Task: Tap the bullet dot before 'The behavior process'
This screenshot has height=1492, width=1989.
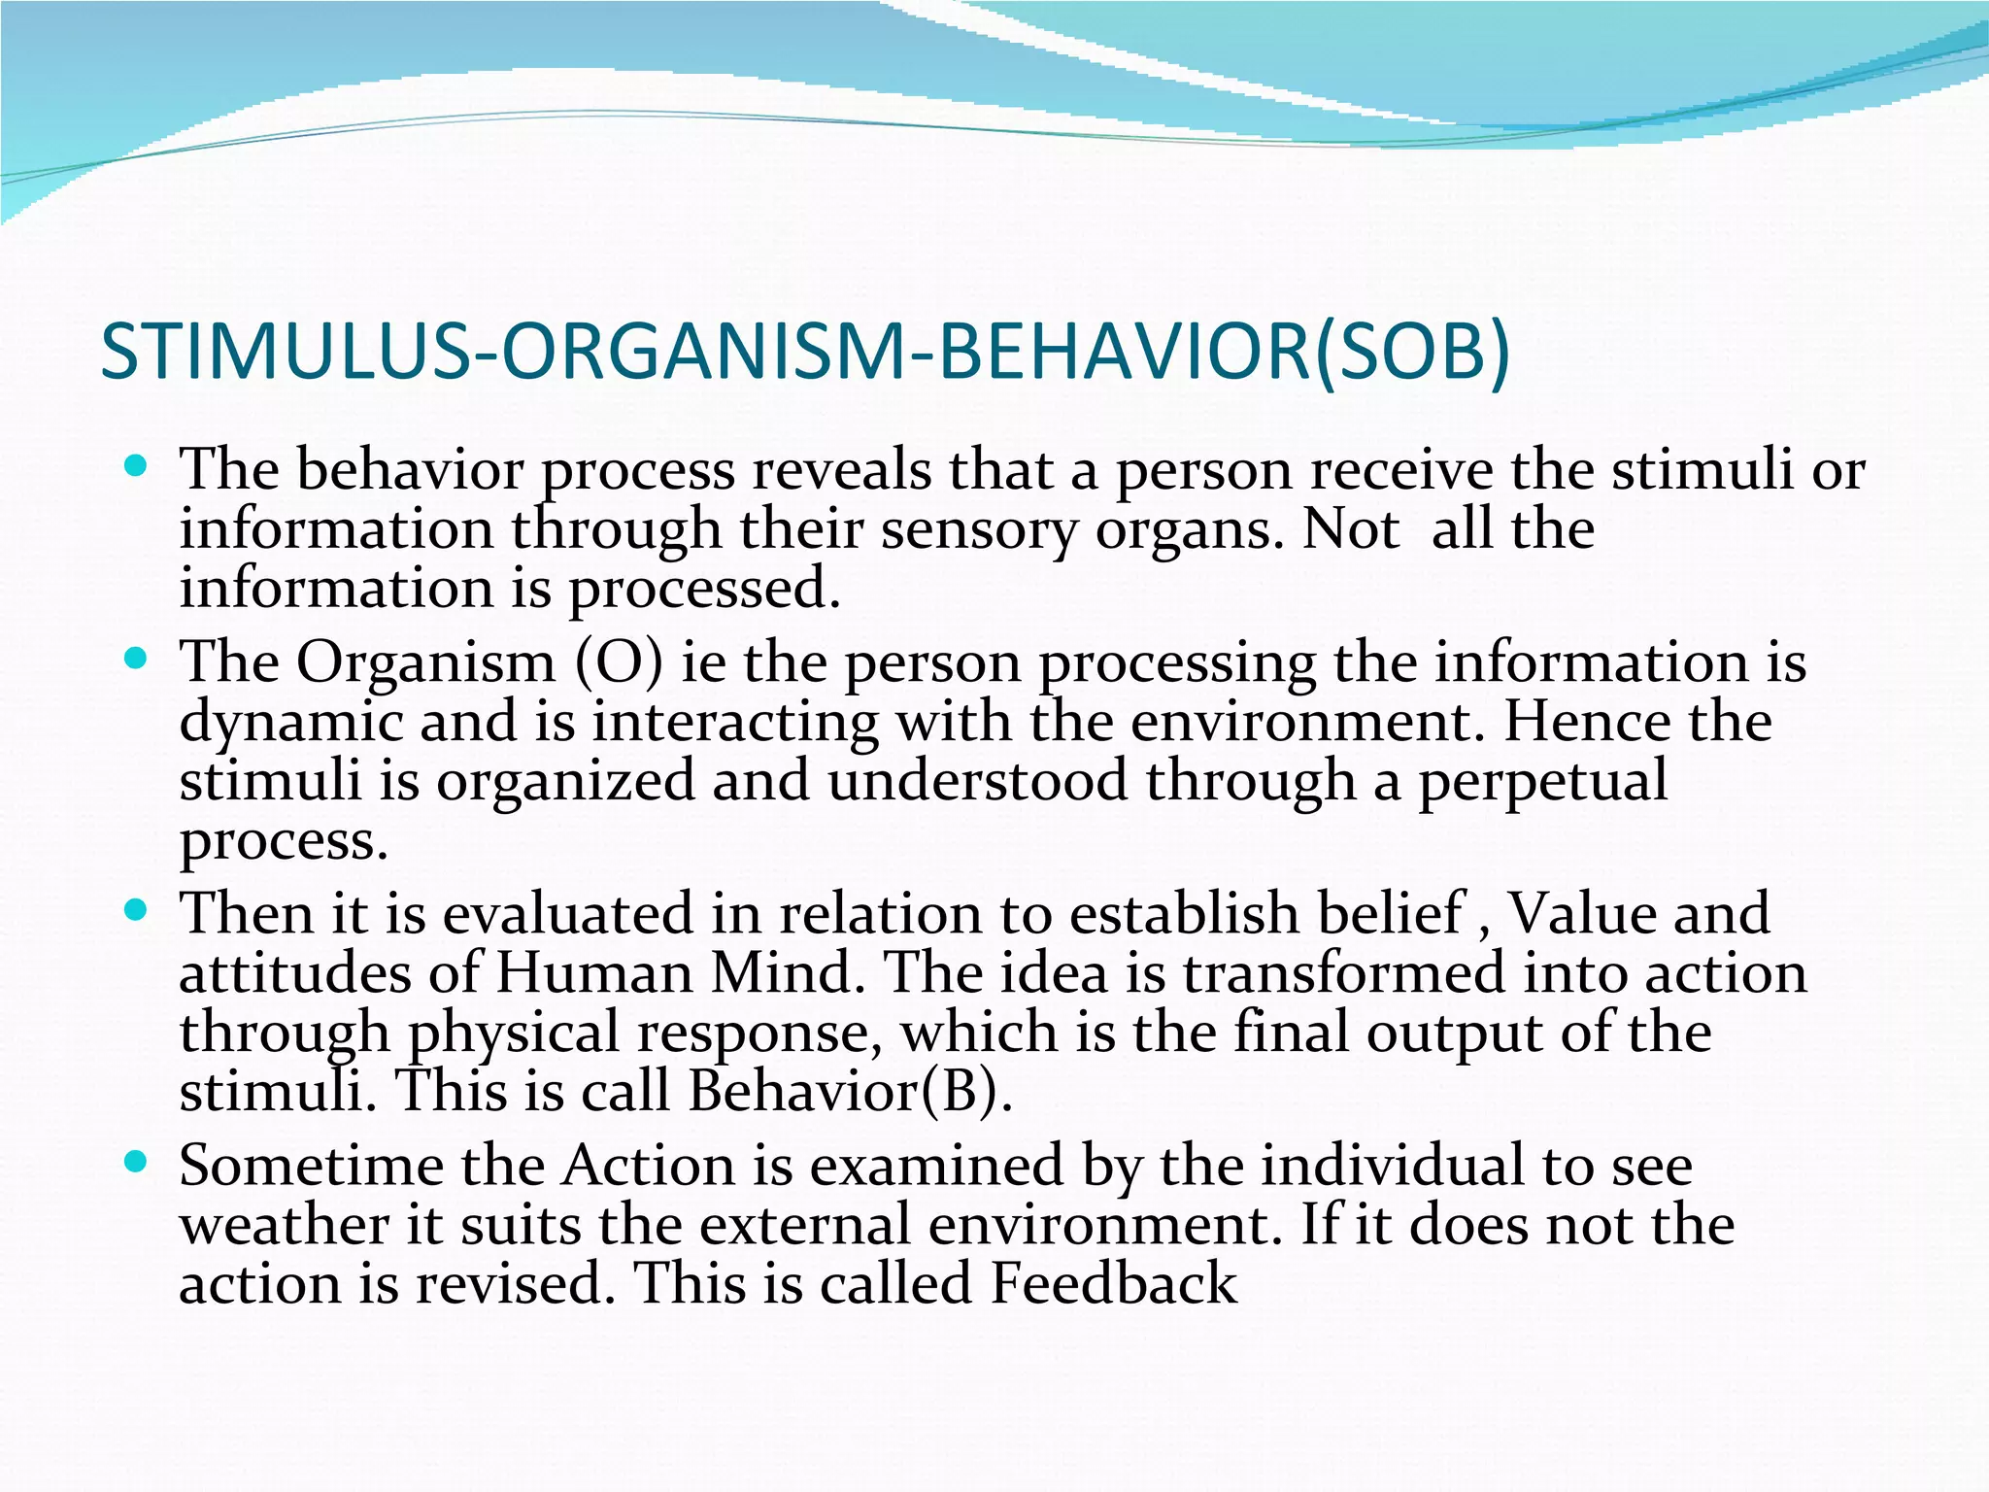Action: click(x=136, y=466)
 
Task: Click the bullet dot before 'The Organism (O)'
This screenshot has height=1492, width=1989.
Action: click(x=136, y=660)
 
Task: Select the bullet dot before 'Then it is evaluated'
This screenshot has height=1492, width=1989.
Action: click(x=136, y=910)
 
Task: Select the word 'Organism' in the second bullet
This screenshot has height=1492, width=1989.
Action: click(x=425, y=663)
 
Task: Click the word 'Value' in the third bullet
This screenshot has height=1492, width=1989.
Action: click(x=1570, y=915)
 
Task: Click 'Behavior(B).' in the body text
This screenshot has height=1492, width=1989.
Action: click(x=851, y=1093)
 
